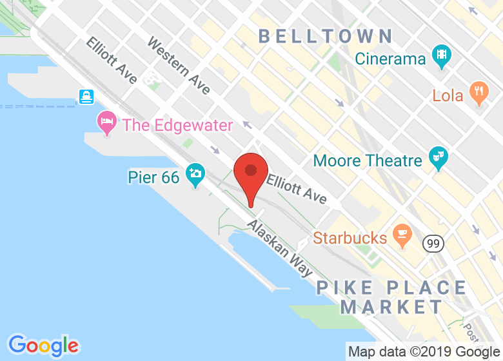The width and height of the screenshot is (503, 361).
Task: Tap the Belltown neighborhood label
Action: point(326,36)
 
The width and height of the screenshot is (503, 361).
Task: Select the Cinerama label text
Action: point(390,59)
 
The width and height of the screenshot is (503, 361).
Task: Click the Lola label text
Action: point(448,95)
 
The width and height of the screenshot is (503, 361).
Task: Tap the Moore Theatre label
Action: point(368,160)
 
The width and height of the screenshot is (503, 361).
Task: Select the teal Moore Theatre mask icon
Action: point(439,159)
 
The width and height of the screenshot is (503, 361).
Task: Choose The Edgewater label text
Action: point(177,125)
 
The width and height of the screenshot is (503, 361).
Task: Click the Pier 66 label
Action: point(152,176)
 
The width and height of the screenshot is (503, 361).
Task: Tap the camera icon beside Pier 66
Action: point(195,173)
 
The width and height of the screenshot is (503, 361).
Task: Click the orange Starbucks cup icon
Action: point(402,235)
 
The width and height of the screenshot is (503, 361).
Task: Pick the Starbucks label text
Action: point(350,238)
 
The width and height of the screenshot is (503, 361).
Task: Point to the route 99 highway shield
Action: point(433,244)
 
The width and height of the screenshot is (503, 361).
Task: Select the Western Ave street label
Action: point(179,65)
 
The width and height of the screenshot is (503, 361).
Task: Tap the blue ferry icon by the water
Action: point(86,97)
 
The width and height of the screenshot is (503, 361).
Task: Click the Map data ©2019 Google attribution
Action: point(424,352)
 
